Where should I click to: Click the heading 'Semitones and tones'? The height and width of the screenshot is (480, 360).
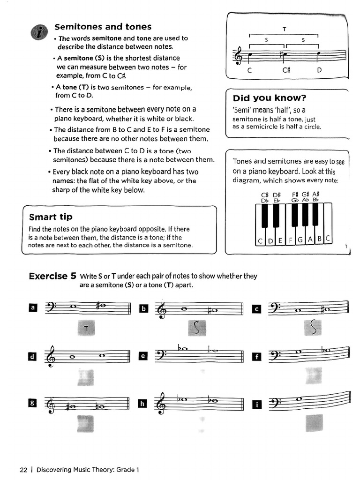(x=103, y=27)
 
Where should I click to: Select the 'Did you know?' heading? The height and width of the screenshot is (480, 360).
(x=270, y=98)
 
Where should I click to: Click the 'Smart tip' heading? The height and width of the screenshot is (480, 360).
(x=51, y=217)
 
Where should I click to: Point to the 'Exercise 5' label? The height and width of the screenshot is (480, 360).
(x=52, y=276)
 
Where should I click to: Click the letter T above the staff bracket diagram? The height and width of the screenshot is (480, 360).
(x=284, y=29)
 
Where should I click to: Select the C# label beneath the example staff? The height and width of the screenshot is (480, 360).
(x=287, y=71)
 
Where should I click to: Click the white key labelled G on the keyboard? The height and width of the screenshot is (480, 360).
(x=300, y=240)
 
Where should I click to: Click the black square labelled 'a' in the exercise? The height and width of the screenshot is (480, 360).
(x=32, y=308)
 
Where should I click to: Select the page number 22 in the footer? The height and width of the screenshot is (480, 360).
(x=24, y=470)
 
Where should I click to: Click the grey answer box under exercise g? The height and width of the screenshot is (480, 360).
(x=86, y=423)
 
